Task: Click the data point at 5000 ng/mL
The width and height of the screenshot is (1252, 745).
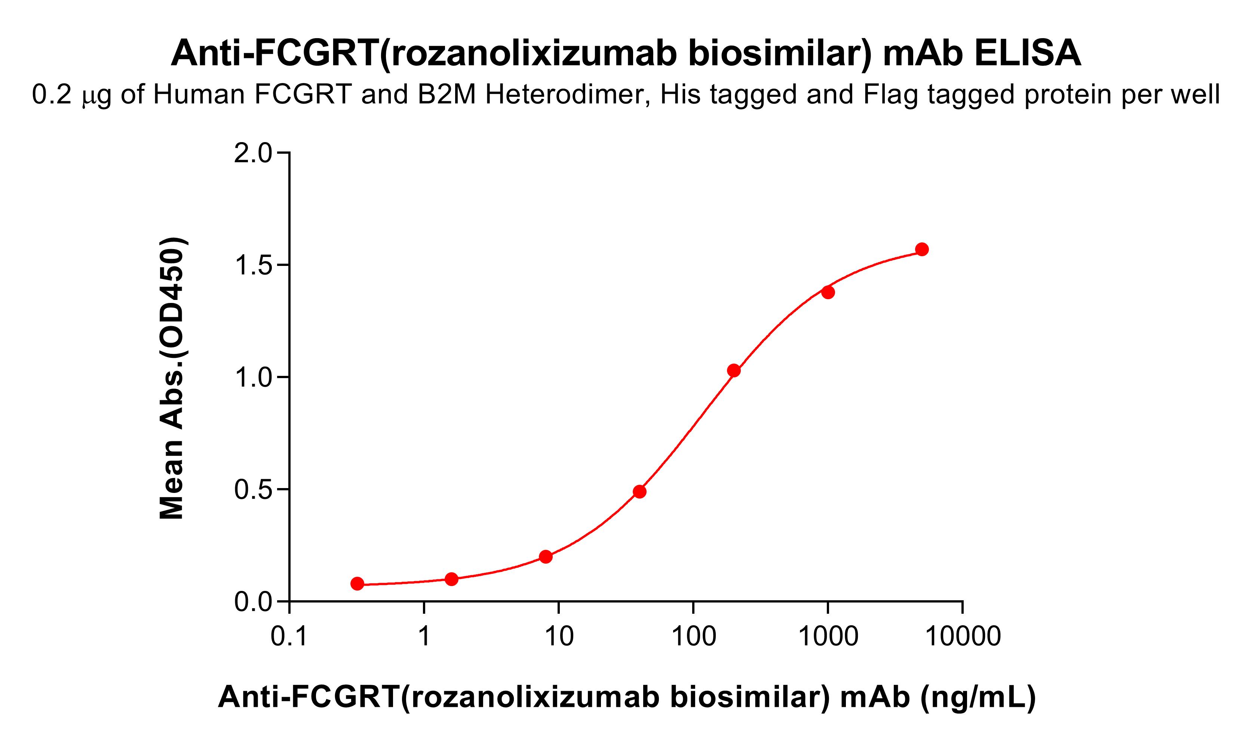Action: pos(922,249)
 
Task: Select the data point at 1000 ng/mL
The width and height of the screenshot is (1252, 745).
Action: pos(828,292)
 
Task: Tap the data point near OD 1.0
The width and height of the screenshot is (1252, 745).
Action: pos(734,371)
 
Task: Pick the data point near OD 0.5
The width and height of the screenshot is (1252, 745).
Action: pos(639,491)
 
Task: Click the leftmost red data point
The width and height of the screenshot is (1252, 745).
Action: pos(357,583)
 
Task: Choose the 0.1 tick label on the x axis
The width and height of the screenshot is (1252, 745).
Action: pos(289,637)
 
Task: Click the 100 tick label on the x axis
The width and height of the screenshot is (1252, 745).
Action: pos(693,637)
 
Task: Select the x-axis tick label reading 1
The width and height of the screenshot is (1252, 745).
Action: pos(424,637)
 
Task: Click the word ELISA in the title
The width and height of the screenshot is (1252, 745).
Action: pos(1027,53)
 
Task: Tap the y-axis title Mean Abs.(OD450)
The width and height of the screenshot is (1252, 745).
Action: pos(172,378)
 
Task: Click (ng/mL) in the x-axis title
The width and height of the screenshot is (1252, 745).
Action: pos(978,697)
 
